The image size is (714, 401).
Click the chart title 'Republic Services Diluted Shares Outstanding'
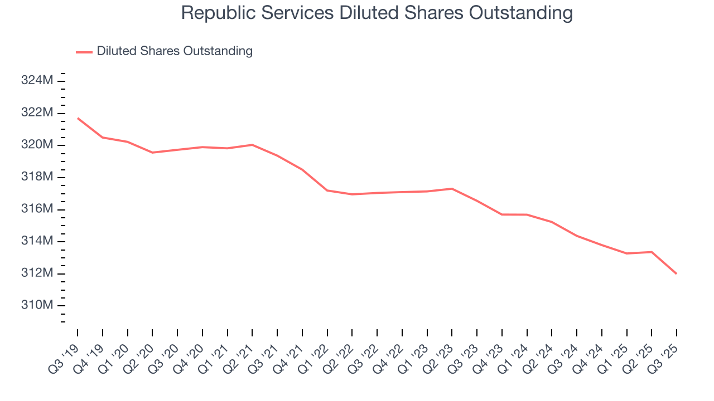pyautogui.click(x=377, y=13)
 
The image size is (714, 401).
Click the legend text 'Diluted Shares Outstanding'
pyautogui.click(x=175, y=51)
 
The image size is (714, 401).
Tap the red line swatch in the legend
pyautogui.click(x=84, y=52)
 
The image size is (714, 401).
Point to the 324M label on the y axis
pyautogui.click(x=37, y=81)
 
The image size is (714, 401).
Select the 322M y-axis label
pyautogui.click(x=37, y=113)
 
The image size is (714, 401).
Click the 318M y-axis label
pyautogui.click(x=37, y=177)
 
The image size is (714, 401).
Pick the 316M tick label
pyautogui.click(x=37, y=209)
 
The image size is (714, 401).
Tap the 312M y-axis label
pyautogui.click(x=37, y=273)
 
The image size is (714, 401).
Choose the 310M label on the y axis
pyautogui.click(x=37, y=306)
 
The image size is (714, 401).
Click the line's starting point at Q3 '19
pyautogui.click(x=78, y=118)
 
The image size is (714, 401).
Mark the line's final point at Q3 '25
pyautogui.click(x=677, y=273)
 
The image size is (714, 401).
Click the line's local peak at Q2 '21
pyautogui.click(x=252, y=145)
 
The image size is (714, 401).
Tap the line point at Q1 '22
pyautogui.click(x=327, y=190)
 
